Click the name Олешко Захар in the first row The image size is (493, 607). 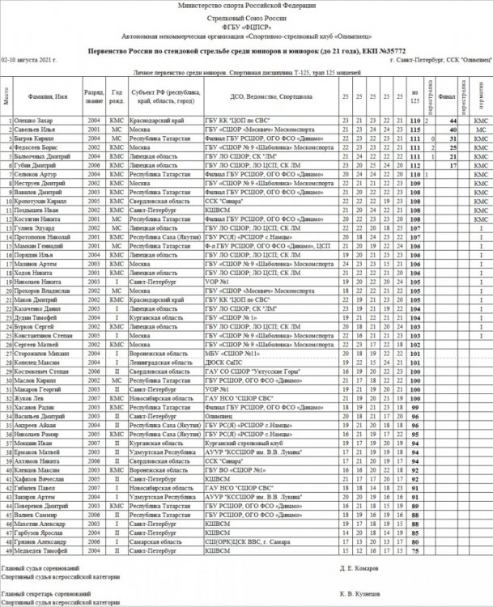(x=35, y=120)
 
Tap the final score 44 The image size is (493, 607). (x=454, y=120)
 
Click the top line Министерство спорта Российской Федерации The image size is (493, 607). (x=246, y=5)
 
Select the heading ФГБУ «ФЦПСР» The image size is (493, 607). (x=246, y=26)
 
